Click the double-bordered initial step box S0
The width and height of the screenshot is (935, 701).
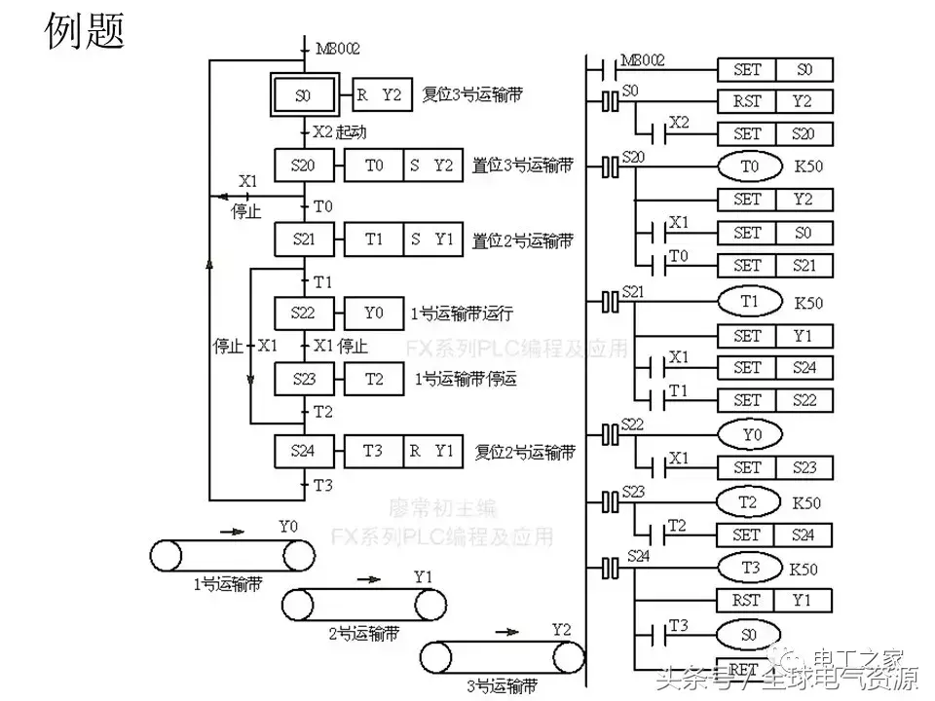[302, 95]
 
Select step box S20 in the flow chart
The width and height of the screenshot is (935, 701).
[303, 166]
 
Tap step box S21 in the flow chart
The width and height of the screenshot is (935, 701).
[303, 239]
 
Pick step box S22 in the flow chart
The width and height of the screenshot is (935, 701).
[303, 314]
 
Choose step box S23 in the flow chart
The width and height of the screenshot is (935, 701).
[303, 379]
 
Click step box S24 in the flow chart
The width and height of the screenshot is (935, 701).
[303, 451]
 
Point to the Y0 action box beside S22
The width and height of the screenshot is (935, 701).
[374, 314]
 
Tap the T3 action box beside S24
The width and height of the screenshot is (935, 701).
[373, 451]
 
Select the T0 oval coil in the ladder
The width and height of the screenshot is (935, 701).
[749, 166]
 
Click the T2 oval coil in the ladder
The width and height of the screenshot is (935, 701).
[749, 502]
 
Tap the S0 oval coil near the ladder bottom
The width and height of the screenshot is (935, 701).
[749, 633]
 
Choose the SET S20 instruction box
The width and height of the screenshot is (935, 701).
[775, 133]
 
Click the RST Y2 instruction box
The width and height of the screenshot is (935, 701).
[775, 101]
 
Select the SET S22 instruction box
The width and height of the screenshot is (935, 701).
[775, 400]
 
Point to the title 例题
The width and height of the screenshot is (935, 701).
[85, 31]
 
